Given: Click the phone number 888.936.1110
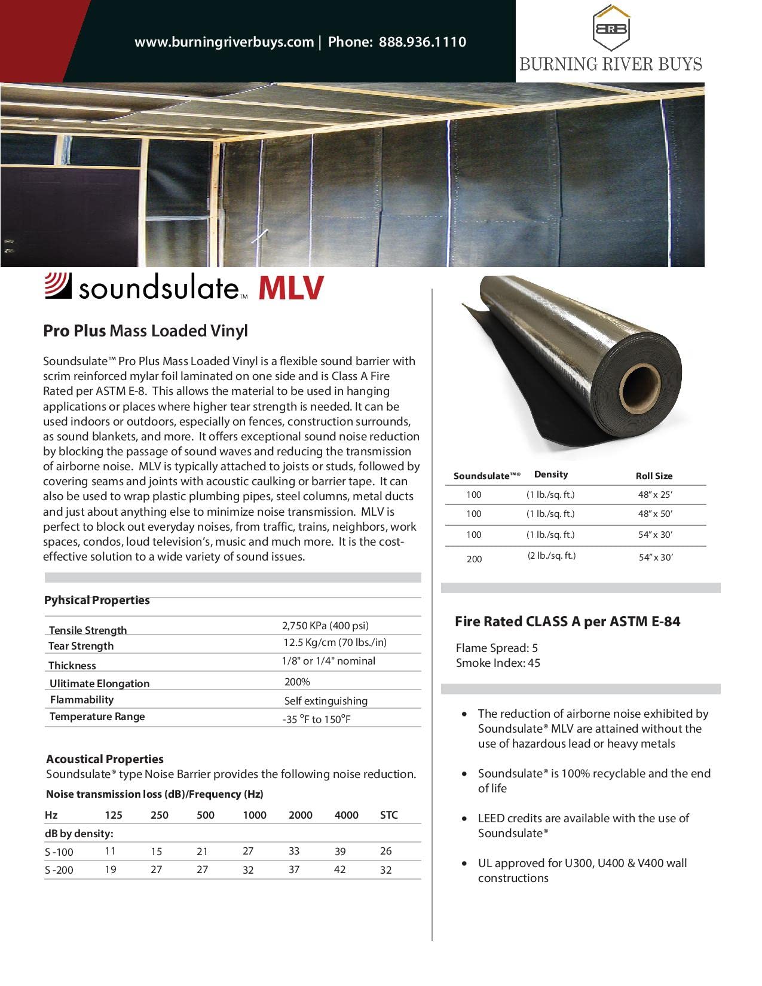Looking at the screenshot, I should (423, 42).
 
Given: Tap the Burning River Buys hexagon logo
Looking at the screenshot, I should (610, 28).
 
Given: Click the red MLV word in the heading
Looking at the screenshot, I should (290, 288).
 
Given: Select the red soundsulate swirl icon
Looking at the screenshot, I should (59, 286).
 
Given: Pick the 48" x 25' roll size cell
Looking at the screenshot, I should (655, 495).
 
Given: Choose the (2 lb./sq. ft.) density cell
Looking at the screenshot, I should (551, 556).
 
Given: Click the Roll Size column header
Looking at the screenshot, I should (654, 476).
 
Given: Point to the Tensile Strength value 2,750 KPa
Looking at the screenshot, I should (325, 626).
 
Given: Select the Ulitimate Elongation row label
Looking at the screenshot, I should (99, 684).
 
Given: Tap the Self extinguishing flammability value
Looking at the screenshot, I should (326, 701).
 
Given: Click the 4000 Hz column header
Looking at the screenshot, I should (347, 815).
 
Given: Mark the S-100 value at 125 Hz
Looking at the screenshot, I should (111, 851).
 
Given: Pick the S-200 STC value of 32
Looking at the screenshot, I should (386, 870).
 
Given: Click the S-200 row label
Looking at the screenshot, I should (59, 870).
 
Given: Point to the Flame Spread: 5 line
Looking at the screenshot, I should (497, 648).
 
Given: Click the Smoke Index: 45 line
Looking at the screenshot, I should (498, 663).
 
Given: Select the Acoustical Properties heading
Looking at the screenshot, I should (105, 759).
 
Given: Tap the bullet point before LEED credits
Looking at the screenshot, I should (465, 819).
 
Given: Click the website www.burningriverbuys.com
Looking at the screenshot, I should (224, 42).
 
